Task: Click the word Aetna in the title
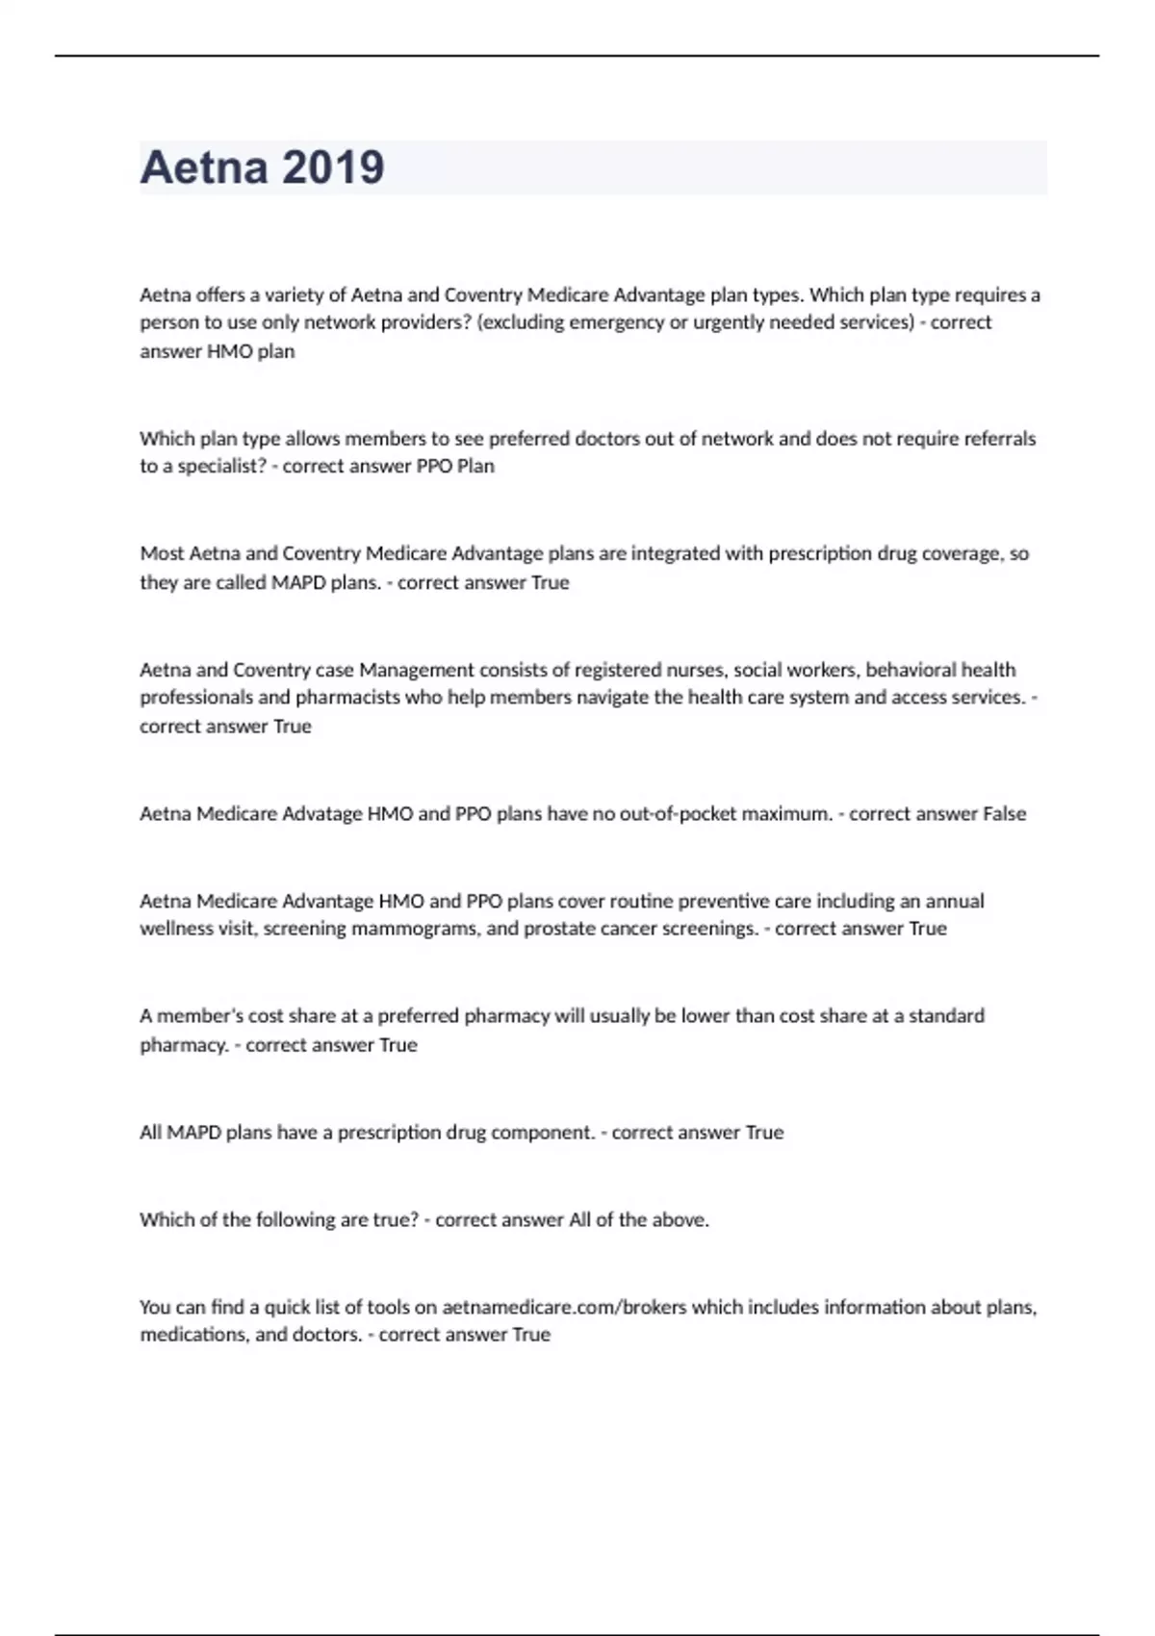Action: click(x=203, y=167)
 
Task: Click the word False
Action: click(x=1004, y=814)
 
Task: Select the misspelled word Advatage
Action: click(x=322, y=814)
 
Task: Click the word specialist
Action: click(x=220, y=466)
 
